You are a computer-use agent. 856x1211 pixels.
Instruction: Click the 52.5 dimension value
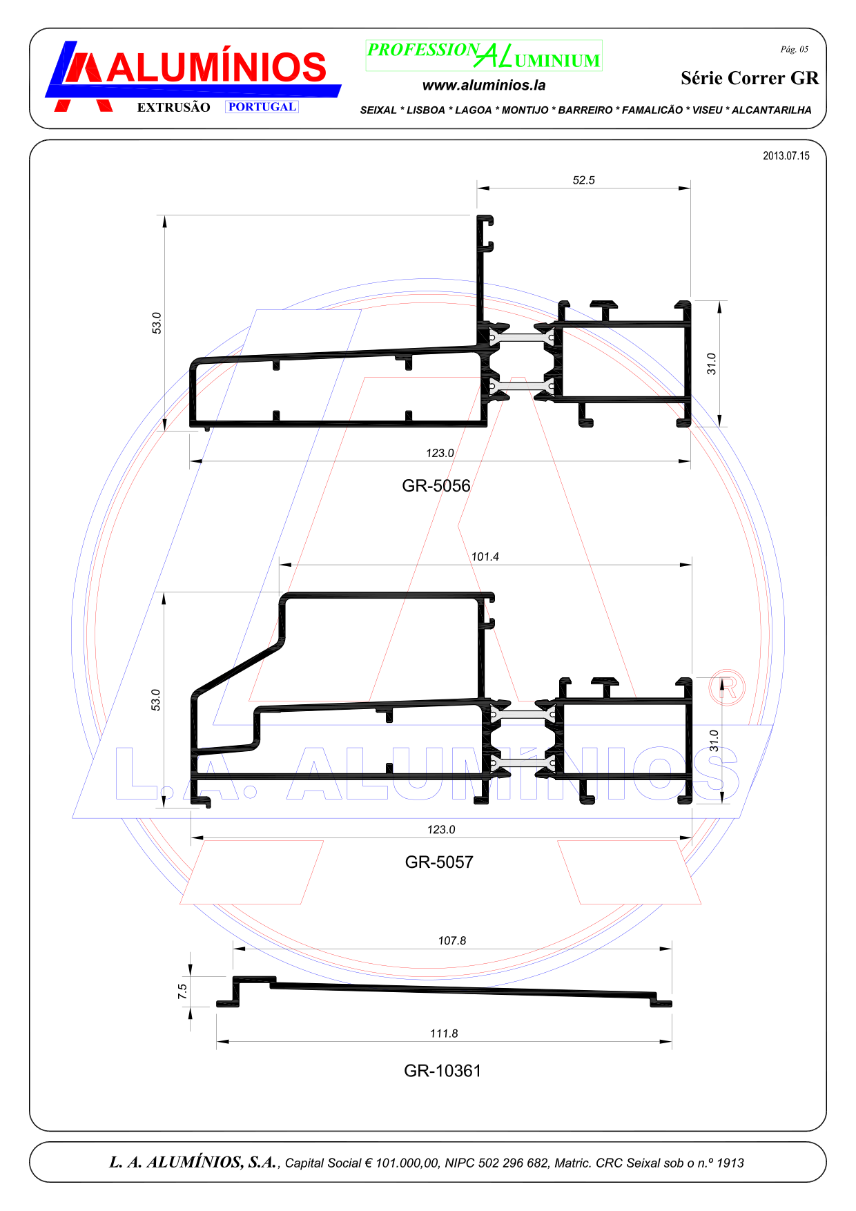point(583,180)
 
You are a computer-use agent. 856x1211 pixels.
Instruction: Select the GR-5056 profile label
point(436,486)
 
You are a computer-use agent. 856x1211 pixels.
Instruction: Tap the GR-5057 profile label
point(439,862)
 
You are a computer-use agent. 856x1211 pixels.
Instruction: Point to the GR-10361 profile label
point(442,1071)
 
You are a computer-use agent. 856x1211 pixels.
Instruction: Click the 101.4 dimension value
point(485,556)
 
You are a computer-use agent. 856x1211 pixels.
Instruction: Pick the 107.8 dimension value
point(452,940)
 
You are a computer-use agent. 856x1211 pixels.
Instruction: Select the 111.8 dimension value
point(444,1034)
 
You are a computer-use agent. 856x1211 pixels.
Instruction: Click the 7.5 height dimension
point(182,991)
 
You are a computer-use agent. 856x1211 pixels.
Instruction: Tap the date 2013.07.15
point(786,156)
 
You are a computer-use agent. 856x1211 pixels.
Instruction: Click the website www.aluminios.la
point(484,86)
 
